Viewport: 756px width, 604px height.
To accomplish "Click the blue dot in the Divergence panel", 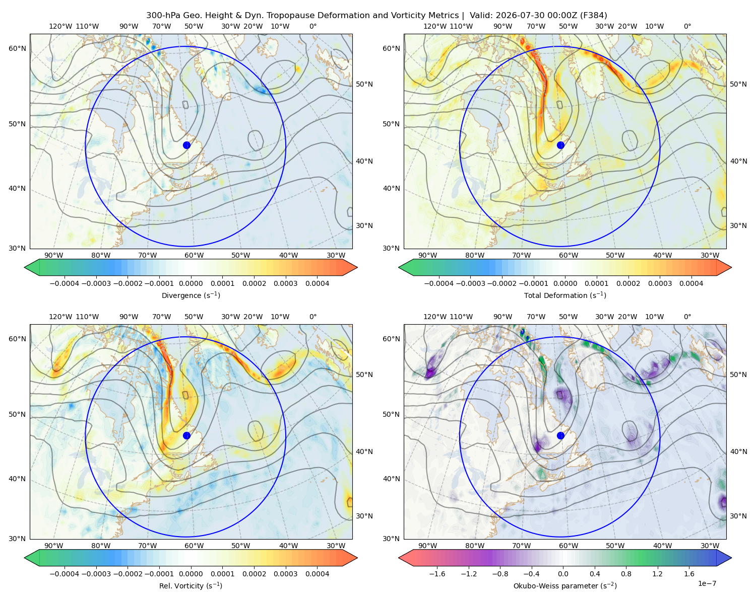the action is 186,145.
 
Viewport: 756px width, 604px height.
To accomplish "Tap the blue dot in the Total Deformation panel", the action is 560,145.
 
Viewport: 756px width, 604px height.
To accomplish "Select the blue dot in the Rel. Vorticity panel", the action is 186,435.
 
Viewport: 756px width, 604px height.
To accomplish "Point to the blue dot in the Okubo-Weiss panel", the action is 560,435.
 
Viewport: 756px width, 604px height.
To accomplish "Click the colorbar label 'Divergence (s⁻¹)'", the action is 191,295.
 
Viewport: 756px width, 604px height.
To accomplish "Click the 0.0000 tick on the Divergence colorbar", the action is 191,283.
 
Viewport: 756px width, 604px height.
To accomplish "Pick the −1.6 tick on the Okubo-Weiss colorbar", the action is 437,574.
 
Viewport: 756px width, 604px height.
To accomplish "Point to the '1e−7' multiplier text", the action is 707,583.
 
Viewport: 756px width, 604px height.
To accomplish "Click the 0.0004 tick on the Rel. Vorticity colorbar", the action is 317,574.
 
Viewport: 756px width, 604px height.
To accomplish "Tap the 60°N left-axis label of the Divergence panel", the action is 17,48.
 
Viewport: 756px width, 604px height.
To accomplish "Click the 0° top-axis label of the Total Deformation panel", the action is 687,26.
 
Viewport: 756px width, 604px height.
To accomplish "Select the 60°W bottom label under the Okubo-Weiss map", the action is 569,546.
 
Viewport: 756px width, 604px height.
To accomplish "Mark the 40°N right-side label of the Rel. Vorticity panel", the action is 364,451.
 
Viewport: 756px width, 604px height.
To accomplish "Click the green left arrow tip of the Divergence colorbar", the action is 25,267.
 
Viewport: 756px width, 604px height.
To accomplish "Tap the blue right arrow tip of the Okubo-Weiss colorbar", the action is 731,558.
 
